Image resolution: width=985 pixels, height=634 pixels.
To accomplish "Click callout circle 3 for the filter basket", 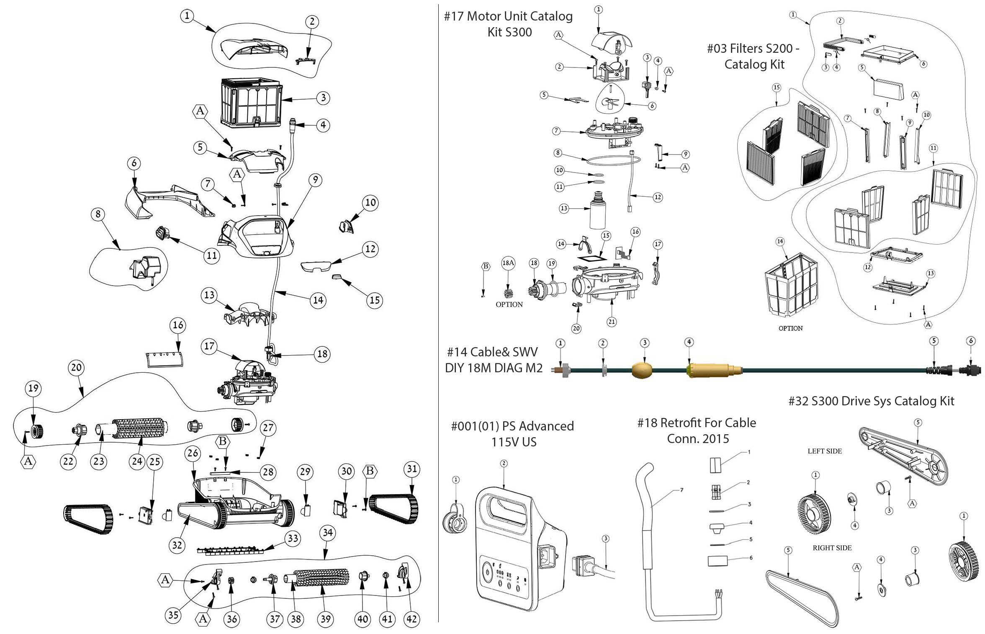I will tap(323, 98).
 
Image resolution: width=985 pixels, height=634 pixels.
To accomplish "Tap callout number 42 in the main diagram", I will tap(411, 619).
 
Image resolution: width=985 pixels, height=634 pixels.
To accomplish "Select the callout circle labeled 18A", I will tap(508, 263).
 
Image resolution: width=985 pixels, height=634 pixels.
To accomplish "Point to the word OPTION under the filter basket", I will tap(790, 328).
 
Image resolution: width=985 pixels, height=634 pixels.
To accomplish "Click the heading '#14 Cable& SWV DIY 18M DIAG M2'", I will tap(494, 360).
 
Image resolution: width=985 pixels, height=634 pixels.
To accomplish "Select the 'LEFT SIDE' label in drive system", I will tap(824, 451).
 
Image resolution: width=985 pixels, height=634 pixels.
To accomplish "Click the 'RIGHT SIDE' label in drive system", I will tap(832, 548).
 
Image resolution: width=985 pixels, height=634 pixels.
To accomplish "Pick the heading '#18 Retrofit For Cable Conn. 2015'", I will tap(697, 430).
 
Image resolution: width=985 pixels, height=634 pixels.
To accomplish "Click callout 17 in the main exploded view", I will tap(209, 346).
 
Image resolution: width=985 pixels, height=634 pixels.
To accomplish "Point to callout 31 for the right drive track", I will tap(412, 469).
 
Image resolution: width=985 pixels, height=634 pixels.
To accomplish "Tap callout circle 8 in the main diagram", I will tap(98, 214).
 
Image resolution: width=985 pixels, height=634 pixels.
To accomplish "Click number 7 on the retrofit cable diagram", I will tap(682, 490).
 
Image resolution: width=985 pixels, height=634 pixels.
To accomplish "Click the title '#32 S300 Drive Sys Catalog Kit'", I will tap(871, 401).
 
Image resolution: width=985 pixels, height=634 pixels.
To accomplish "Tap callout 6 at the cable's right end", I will tap(971, 341).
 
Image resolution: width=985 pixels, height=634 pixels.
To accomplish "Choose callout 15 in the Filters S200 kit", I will tap(777, 88).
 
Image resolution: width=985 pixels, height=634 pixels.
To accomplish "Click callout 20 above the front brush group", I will tap(76, 367).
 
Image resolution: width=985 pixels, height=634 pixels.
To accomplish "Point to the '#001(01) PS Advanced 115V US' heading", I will tap(513, 434).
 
